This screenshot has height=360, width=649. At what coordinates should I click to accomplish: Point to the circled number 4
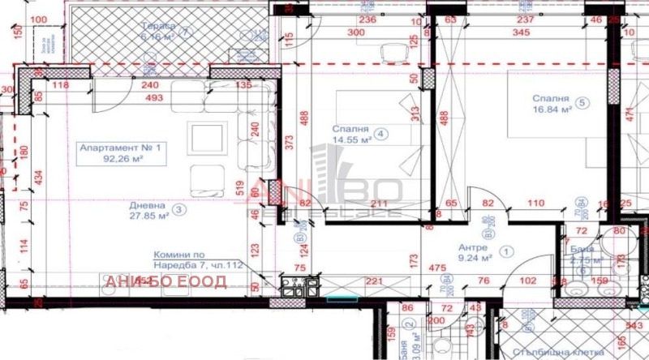[x=380, y=135]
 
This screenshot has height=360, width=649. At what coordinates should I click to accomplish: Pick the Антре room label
[x=473, y=246]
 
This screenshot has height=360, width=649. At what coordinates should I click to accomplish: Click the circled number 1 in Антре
[x=509, y=252]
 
